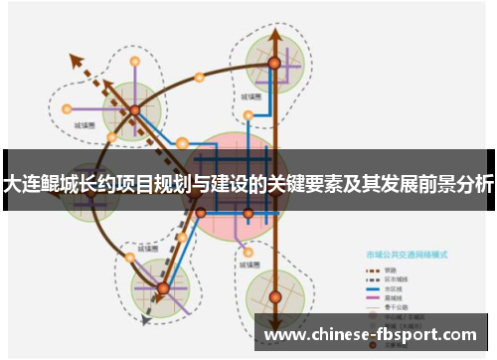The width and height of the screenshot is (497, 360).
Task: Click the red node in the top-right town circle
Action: click(273, 63)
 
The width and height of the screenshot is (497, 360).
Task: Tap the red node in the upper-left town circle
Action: click(134, 109)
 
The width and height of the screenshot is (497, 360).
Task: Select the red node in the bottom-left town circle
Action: click(163, 288)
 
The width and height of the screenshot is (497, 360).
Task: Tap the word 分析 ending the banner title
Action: click(475, 184)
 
